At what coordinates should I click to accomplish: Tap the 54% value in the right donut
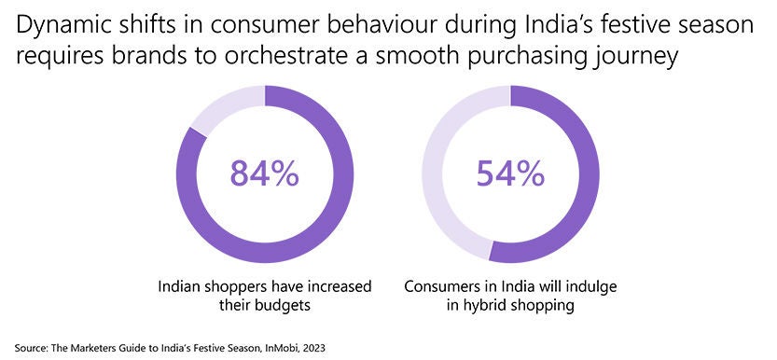point(509,173)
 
